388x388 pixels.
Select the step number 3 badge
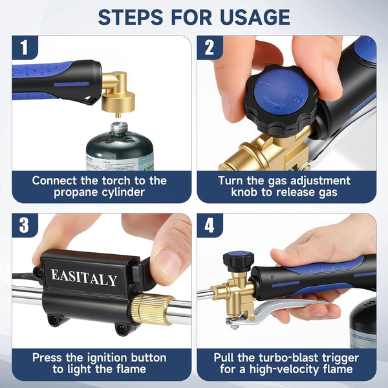tap(25, 225)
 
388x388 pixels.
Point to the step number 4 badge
tap(210, 225)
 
